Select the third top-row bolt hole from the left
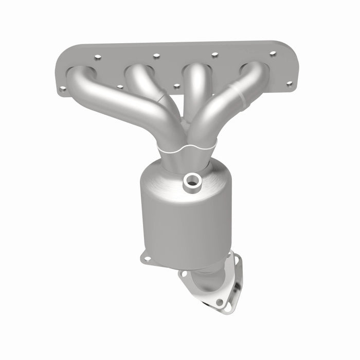214,55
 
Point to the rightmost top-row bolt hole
273,53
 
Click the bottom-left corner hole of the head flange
63,88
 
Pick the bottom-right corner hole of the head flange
289,83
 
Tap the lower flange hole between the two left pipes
120,86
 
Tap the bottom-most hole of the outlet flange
220,302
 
